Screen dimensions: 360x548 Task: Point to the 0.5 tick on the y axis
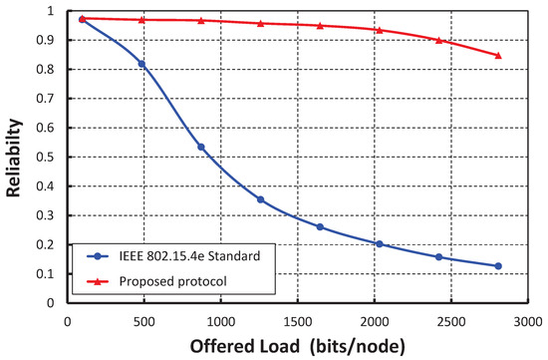click(48, 157)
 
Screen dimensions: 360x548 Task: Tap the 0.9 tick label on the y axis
click(48, 41)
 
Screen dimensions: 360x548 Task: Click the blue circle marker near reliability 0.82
click(141, 64)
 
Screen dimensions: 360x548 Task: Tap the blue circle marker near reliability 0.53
click(201, 148)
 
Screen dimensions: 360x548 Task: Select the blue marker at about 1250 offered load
click(261, 199)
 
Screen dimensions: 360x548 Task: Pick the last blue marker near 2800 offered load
click(498, 266)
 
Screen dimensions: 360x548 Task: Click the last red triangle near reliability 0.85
click(498, 56)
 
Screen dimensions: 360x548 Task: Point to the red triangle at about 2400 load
click(438, 40)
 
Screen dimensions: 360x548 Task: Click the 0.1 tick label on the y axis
click(48, 272)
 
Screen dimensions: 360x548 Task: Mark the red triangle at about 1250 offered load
click(261, 23)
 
